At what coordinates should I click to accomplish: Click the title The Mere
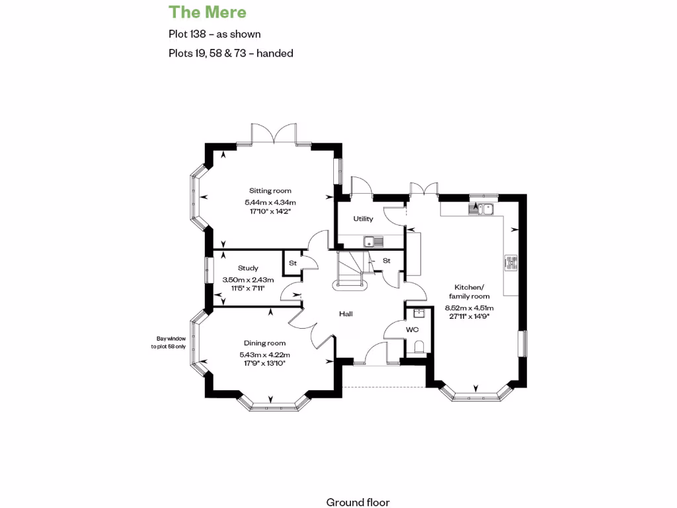pos(208,12)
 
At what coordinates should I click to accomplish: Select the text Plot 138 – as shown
pos(214,34)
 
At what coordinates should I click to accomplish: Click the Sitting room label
pos(270,190)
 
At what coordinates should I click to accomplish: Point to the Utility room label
pos(363,219)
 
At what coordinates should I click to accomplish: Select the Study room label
pos(248,268)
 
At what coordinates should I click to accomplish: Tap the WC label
pos(412,329)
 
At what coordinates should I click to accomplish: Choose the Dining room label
pos(264,343)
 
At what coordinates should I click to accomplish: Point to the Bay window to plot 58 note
pos(169,342)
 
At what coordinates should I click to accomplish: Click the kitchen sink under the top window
pos(482,210)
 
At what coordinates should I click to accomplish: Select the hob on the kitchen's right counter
pos(512,263)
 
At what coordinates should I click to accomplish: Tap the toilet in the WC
pos(418,347)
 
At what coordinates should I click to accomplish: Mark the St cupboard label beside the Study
pos(292,263)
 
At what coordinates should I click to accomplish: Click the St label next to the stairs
pos(387,261)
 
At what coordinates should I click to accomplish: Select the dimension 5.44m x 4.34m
pos(270,202)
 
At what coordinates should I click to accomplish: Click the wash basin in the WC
pos(418,314)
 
